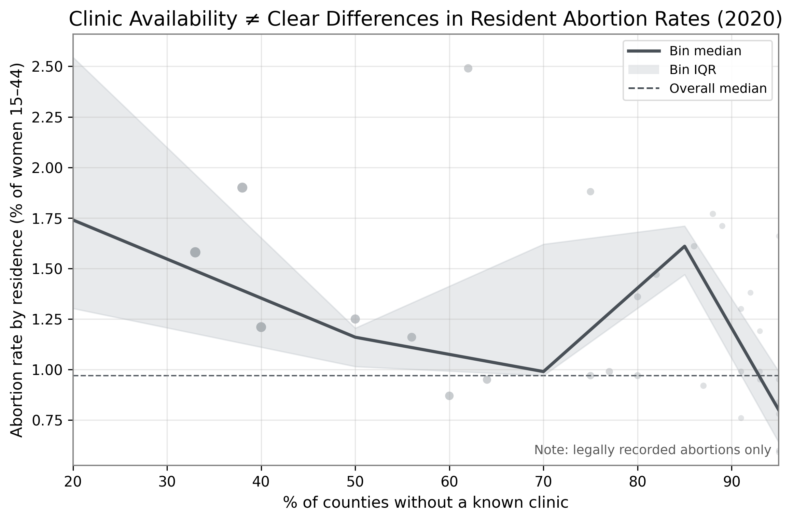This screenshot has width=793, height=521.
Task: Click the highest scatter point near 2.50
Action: click(x=468, y=68)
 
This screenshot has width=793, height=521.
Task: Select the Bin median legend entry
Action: click(x=684, y=51)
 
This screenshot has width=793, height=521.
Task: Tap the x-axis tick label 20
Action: click(x=73, y=482)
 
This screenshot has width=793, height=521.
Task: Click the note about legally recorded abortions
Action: click(x=653, y=450)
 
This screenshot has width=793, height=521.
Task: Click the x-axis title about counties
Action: click(x=426, y=503)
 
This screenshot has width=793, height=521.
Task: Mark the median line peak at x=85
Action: click(x=685, y=246)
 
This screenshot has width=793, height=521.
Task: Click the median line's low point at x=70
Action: click(x=543, y=372)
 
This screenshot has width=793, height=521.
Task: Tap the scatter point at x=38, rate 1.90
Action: click(x=242, y=188)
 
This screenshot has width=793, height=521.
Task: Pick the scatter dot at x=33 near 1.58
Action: click(x=195, y=252)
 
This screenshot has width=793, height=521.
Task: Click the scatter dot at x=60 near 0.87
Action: click(x=449, y=396)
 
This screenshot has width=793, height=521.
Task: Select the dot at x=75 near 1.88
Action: click(x=590, y=192)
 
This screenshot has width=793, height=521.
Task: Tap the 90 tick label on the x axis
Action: click(x=732, y=482)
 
